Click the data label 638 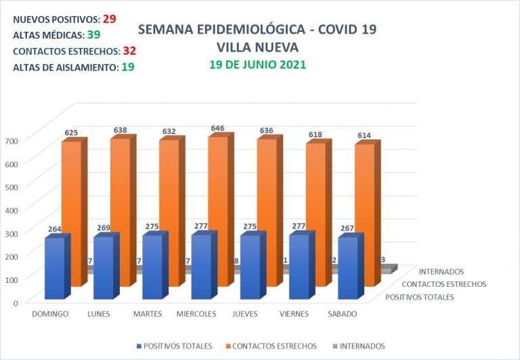[x=120, y=130]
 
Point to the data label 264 [x=56, y=229]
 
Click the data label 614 [x=364, y=136]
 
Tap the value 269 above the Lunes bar [x=104, y=228]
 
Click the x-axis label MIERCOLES [x=196, y=314]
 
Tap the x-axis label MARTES [x=148, y=314]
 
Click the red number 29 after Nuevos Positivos [x=109, y=20]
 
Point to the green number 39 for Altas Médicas [x=93, y=35]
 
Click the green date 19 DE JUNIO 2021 [x=257, y=65]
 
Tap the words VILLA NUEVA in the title [x=257, y=47]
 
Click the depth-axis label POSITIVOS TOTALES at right [x=420, y=297]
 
